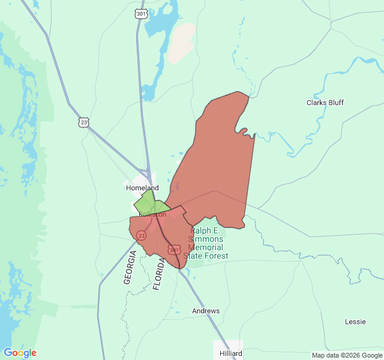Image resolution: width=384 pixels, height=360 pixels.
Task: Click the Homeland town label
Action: tap(142, 188)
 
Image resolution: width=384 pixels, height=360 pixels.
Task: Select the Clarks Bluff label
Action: tap(325, 103)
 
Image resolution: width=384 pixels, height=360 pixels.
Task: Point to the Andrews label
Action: tap(206, 311)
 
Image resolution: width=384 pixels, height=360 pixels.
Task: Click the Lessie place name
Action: tap(355, 322)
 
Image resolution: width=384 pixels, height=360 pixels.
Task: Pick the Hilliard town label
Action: tap(231, 353)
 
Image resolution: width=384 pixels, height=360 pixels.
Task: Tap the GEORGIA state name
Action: tap(130, 267)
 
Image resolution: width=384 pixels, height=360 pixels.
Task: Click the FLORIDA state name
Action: tap(158, 274)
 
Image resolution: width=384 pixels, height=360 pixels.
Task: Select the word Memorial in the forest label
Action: tap(205, 247)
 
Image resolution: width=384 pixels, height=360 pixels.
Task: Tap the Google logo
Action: tap(20, 353)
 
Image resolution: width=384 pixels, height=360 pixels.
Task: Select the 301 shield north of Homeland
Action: tap(141, 13)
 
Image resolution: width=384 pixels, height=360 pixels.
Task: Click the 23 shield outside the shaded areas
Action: tap(83, 122)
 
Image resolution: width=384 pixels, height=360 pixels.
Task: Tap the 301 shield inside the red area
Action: tap(174, 250)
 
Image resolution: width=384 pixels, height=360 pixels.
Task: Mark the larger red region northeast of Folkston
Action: tap(219, 162)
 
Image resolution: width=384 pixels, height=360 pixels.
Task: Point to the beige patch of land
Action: tap(181, 44)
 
